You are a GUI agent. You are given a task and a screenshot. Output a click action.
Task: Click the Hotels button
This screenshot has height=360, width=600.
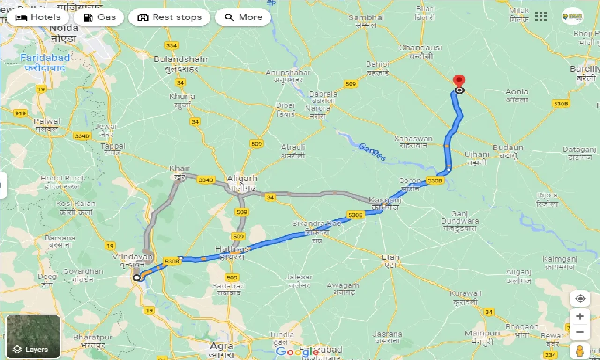pyautogui.click(x=38, y=18)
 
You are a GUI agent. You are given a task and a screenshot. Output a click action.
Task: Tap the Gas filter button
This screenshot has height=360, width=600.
pyautogui.click(x=98, y=18)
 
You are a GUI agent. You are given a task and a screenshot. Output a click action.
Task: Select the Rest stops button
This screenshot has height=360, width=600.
pyautogui.click(x=169, y=18)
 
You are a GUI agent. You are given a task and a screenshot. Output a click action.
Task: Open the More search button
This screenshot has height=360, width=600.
pyautogui.click(x=243, y=18)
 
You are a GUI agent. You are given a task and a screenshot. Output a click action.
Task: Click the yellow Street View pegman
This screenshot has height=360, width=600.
pyautogui.click(x=580, y=351)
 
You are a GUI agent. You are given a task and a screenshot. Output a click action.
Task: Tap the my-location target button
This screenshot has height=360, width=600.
pyautogui.click(x=580, y=299)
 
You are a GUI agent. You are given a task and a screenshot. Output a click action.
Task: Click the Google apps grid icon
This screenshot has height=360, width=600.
pyautogui.click(x=540, y=17)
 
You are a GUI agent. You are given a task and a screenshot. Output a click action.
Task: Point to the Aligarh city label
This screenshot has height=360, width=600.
pyautogui.click(x=242, y=179)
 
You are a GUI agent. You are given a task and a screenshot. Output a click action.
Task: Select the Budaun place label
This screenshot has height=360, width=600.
pyautogui.click(x=508, y=147)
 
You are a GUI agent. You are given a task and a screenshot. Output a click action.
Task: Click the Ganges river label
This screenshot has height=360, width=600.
pyautogui.click(x=372, y=152)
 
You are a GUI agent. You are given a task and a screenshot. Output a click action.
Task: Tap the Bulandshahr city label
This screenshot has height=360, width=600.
pyautogui.click(x=181, y=60)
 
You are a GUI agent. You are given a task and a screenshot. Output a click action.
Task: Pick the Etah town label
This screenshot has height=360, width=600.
pyautogui.click(x=390, y=257)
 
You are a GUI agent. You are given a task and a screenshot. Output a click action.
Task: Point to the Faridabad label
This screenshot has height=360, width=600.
pyautogui.click(x=45, y=58)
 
